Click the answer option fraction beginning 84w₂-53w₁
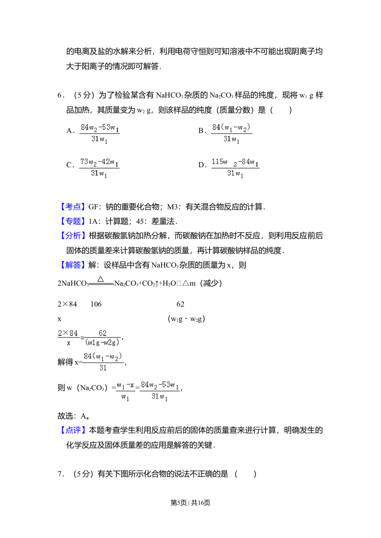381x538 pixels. (100, 134)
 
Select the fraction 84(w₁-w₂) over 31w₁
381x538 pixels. (231, 134)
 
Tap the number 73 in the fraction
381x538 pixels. (84, 162)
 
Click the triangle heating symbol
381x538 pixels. (101, 279)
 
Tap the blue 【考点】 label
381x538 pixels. (73, 207)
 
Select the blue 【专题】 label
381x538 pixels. (73, 221)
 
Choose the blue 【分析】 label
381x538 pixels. (73, 236)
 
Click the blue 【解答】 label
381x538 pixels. (73, 264)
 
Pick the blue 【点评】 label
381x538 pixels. (73, 430)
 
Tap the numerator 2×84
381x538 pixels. (68, 333)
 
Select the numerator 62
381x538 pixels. (102, 333)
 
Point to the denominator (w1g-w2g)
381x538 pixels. (102, 342)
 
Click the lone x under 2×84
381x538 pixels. (69, 343)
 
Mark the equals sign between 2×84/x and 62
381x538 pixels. (82, 338)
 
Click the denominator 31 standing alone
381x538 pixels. (103, 368)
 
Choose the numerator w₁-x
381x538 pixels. (125, 386)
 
